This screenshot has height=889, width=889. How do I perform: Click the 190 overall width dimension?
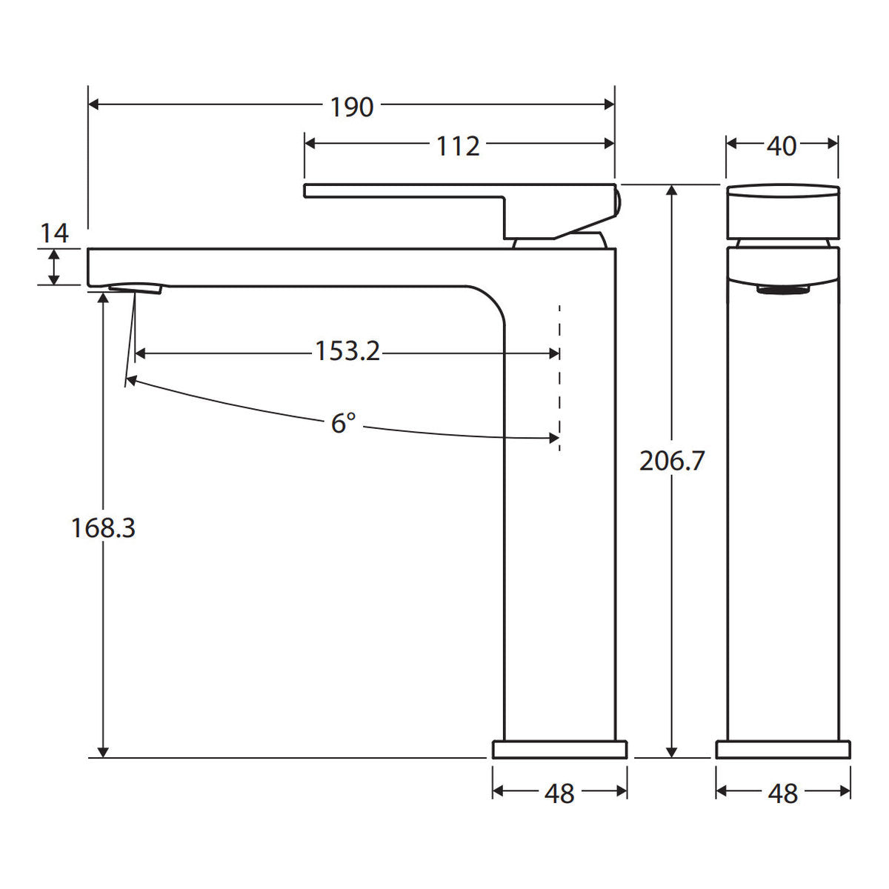(352, 107)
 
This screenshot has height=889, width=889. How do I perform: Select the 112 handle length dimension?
(458, 146)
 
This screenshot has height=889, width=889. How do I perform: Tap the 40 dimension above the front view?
(782, 146)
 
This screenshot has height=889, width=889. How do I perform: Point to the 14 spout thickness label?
(54, 233)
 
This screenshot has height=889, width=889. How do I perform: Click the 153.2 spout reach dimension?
(347, 350)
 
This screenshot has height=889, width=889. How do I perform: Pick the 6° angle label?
(344, 422)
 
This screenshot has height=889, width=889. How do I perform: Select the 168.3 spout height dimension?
(103, 527)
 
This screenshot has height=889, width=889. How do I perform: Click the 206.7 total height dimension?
(672, 460)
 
